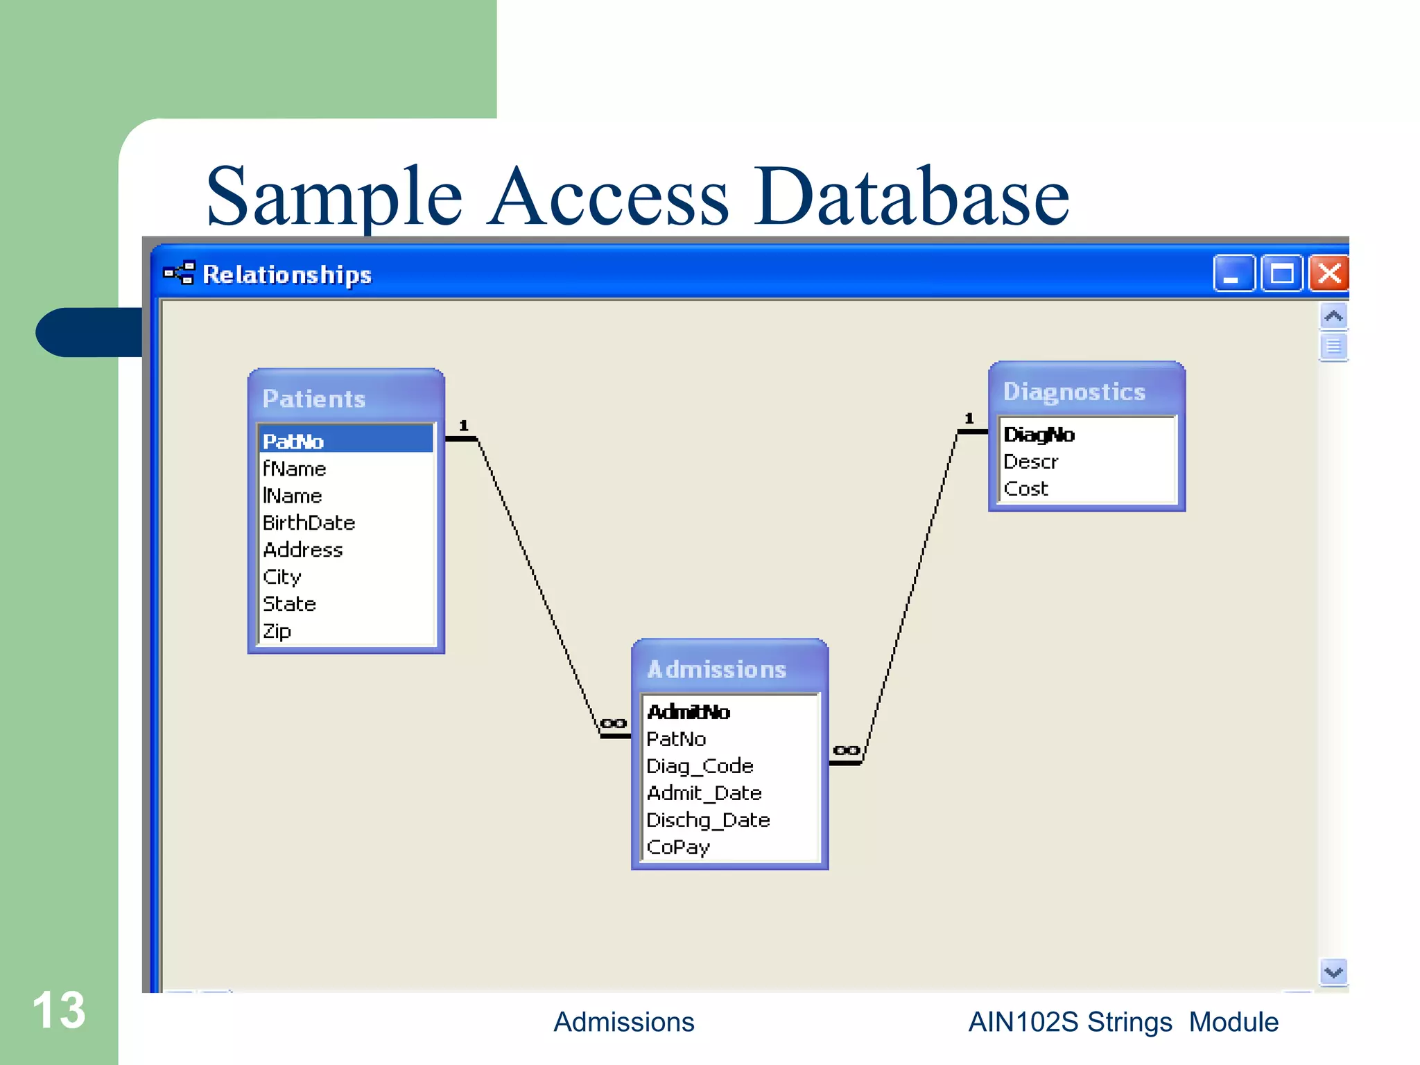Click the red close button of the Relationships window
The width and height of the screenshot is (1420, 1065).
1328,273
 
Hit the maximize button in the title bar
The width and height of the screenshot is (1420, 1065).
1281,273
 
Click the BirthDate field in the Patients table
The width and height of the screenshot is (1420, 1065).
309,523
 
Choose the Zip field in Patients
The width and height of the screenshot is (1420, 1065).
277,631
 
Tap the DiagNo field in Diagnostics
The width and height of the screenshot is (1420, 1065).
1039,435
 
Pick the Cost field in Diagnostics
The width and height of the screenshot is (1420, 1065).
1026,489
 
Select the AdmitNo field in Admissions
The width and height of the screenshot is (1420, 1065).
689,712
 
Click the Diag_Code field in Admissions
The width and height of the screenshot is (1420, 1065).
700,766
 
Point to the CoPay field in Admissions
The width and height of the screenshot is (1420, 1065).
678,847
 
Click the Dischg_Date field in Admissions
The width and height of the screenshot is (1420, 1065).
708,820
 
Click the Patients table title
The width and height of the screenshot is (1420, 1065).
314,399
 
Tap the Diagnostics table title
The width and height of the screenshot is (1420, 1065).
1074,392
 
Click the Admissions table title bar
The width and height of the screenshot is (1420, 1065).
717,669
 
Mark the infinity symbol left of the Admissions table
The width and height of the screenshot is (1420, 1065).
613,724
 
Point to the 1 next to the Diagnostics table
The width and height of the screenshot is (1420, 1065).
969,419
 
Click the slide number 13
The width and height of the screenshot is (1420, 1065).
59,1010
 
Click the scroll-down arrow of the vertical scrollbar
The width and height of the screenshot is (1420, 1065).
1333,972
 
